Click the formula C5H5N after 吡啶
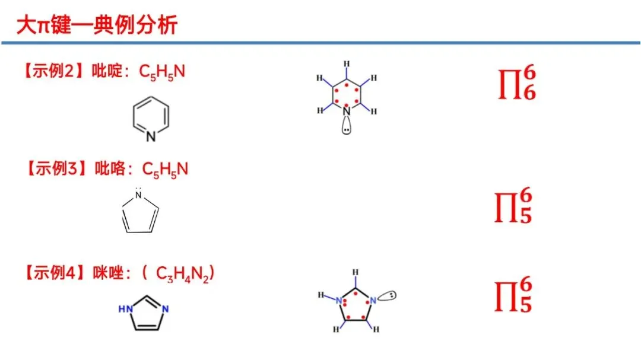pos(162,72)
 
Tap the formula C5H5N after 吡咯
pos(165,169)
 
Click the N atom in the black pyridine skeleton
pos(151,137)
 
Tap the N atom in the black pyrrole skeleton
pos(139,195)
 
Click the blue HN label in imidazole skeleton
pos(125,309)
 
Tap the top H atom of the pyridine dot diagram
pos(347,64)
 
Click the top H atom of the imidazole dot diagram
pos(356,273)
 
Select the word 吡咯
pos(109,169)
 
